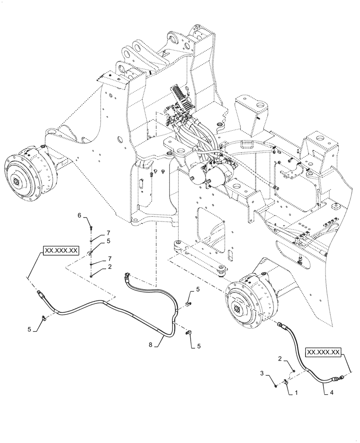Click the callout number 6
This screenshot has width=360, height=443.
coord(80,215)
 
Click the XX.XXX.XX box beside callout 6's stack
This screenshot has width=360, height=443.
coord(61,251)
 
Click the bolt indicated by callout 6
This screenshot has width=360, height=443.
coord(90,228)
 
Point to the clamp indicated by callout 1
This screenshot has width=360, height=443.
coord(286,380)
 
